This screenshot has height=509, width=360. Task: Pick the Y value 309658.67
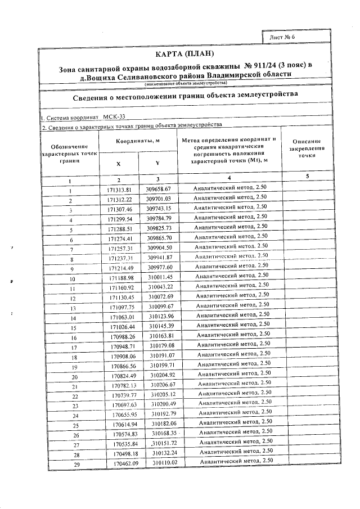click(158, 189)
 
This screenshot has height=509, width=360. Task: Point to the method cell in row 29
click(236, 461)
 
